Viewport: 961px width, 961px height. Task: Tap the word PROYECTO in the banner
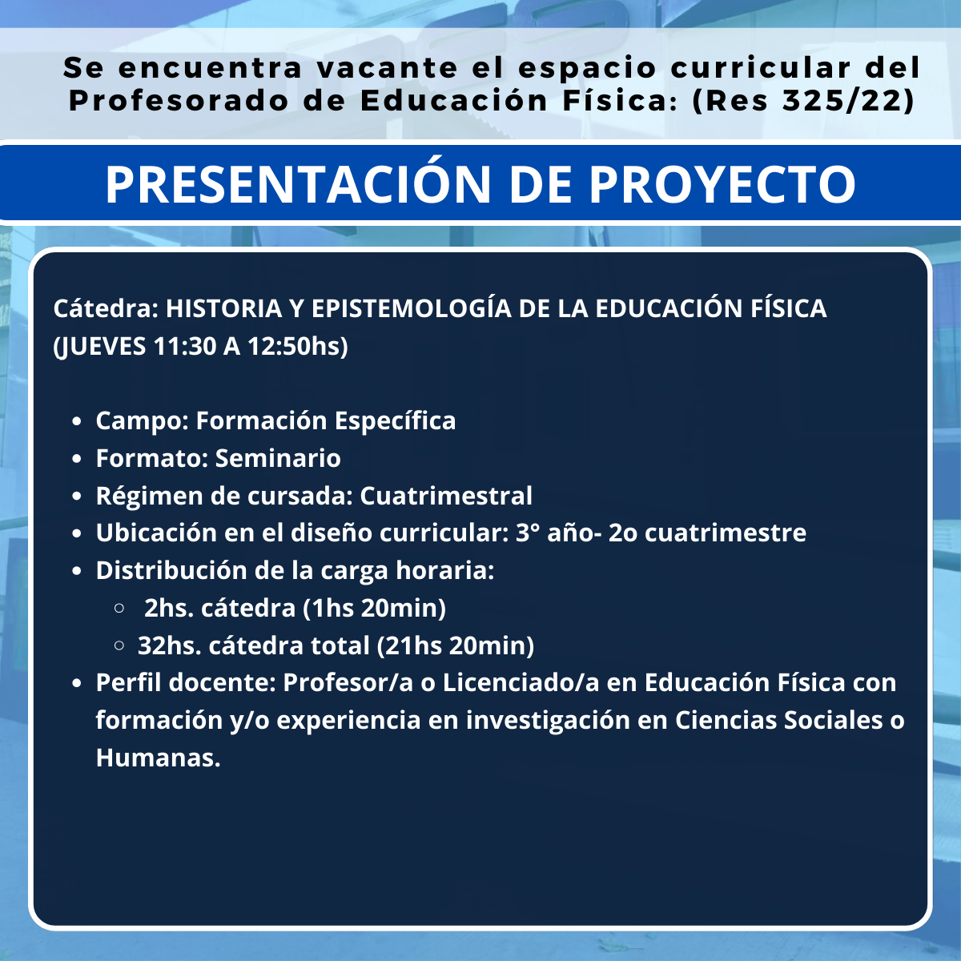722,184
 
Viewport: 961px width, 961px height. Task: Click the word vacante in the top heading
387,68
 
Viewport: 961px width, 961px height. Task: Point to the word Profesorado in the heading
179,100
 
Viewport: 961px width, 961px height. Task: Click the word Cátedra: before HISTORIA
106,308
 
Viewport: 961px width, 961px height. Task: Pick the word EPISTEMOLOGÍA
412,308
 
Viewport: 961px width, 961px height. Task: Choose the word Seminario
278,458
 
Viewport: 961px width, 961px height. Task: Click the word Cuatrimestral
446,496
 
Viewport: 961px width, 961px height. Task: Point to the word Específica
395,421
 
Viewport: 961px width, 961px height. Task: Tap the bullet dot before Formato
76,459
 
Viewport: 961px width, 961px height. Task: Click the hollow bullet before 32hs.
119,645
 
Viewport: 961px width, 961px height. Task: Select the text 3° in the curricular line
528,533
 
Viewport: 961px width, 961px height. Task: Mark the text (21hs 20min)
456,645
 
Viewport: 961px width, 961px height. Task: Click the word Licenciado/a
521,683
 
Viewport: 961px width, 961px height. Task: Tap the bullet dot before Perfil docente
76,684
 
